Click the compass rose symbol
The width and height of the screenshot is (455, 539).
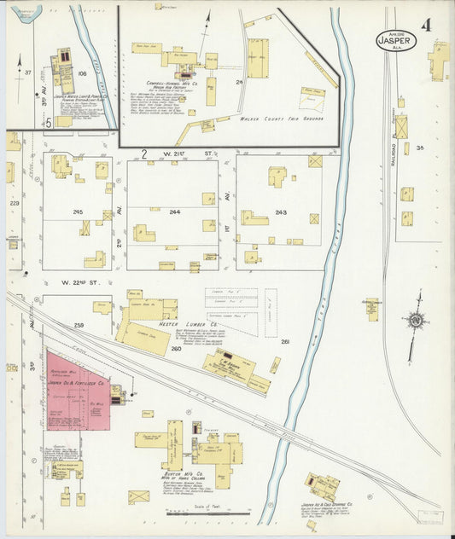(416, 322)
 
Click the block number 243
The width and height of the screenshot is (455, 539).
(281, 212)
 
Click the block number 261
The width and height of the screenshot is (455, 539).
(286, 343)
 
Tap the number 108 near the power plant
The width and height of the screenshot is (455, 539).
(83, 73)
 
